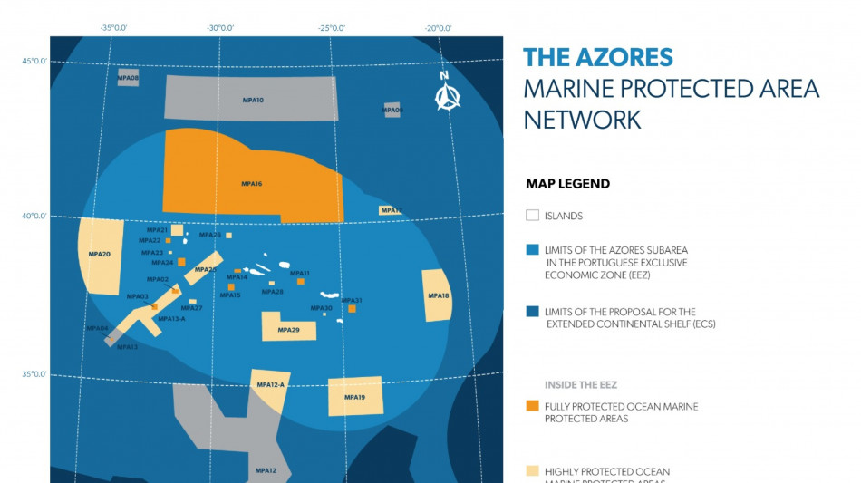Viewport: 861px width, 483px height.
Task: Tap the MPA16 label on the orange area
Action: point(251,184)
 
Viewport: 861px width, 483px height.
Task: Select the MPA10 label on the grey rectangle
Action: point(253,100)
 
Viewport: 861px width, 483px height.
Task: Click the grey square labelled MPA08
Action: point(128,78)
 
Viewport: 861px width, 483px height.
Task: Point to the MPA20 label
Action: point(100,255)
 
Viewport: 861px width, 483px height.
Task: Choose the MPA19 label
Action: point(354,398)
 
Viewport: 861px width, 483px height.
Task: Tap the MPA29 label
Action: point(289,330)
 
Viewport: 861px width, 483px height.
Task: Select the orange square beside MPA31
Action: point(353,309)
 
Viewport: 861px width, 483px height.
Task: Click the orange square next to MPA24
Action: point(181,263)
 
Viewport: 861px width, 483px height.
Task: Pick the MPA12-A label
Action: point(270,385)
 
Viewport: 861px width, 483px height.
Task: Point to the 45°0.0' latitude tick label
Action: point(34,62)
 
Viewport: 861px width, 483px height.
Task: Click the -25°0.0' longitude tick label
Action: point(331,28)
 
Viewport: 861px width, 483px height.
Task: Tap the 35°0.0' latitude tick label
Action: point(34,374)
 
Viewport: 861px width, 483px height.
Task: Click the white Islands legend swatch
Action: point(532,216)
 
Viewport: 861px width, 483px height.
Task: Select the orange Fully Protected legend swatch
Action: point(532,406)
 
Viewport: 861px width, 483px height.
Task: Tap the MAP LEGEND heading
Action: point(567,184)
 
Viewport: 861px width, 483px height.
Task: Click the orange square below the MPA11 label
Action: point(301,282)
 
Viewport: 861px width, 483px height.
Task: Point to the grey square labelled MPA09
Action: point(392,110)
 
